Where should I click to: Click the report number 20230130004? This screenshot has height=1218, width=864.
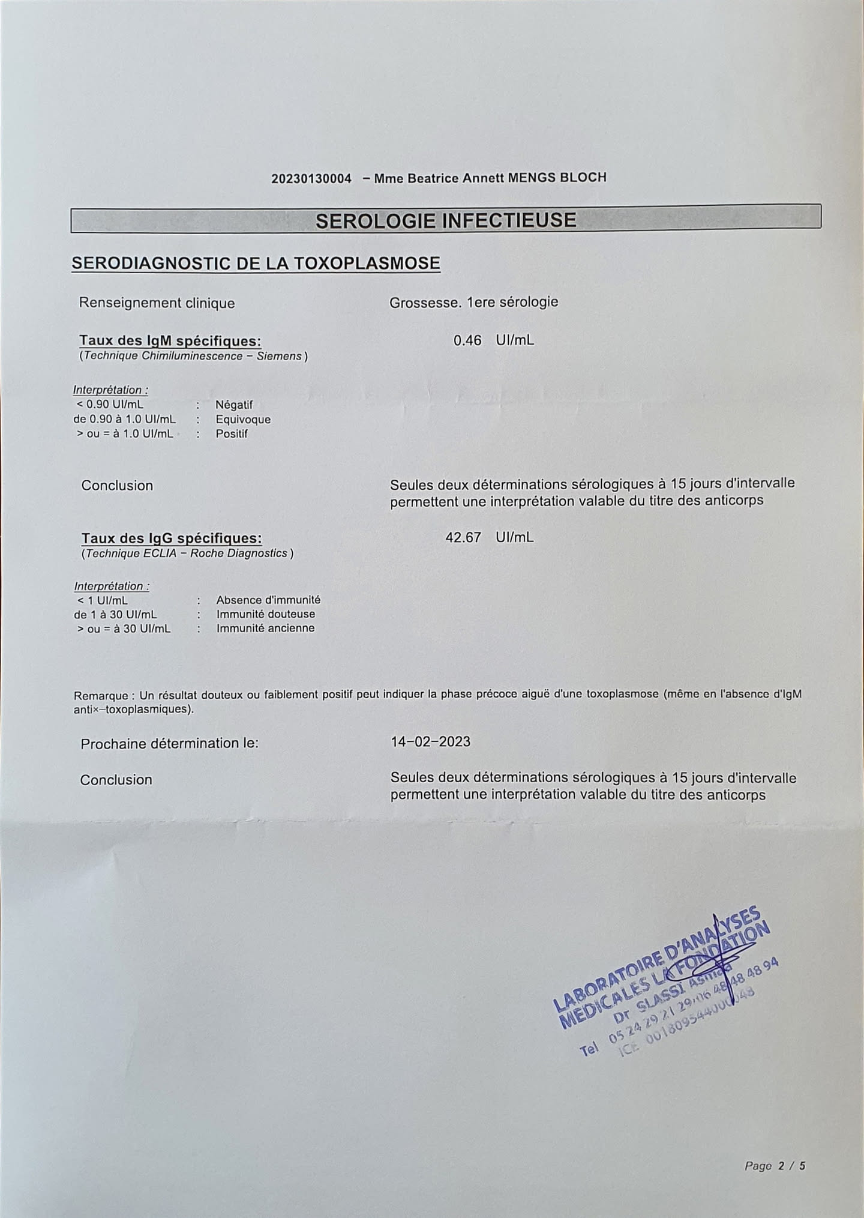pos(311,179)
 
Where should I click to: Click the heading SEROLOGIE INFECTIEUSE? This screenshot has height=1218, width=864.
pos(446,220)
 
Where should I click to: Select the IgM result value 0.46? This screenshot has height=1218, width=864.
pos(467,340)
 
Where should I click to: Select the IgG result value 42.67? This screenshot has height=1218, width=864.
pos(463,537)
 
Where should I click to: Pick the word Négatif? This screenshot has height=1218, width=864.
pos(234,405)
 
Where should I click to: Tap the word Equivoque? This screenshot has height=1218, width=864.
pos(243,420)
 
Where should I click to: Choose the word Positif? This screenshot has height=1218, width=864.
pos(232,434)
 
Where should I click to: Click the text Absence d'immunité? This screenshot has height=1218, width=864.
pos(268,600)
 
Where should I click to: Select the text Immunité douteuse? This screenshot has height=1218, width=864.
pos(265,614)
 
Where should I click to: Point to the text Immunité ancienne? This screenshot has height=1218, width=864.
pos(265,629)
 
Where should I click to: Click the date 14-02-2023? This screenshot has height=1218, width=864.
pos(430,742)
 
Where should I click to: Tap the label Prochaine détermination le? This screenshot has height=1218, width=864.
pos(169,744)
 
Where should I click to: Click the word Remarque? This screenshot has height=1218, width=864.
pos(101,696)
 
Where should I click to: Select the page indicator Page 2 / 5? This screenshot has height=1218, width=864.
pos(775,1166)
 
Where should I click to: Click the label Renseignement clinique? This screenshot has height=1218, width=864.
pos(157,303)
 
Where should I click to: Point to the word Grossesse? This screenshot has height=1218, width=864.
pos(425,303)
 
